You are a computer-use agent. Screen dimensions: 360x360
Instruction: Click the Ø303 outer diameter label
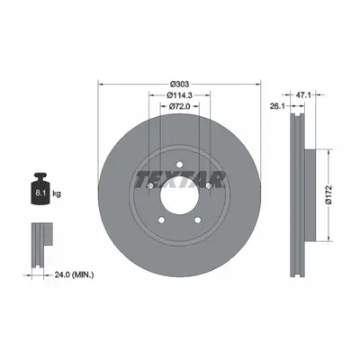point(179,85)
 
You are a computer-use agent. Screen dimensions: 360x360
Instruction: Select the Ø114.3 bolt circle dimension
point(179,95)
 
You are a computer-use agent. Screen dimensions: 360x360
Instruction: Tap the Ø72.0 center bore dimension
point(179,106)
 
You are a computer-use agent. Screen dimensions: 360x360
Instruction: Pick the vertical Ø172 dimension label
point(329,195)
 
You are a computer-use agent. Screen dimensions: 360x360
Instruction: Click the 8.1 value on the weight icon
point(40,193)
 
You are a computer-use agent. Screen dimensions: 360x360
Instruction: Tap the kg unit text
point(57,194)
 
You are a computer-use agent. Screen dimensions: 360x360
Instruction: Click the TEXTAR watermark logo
point(180,180)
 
